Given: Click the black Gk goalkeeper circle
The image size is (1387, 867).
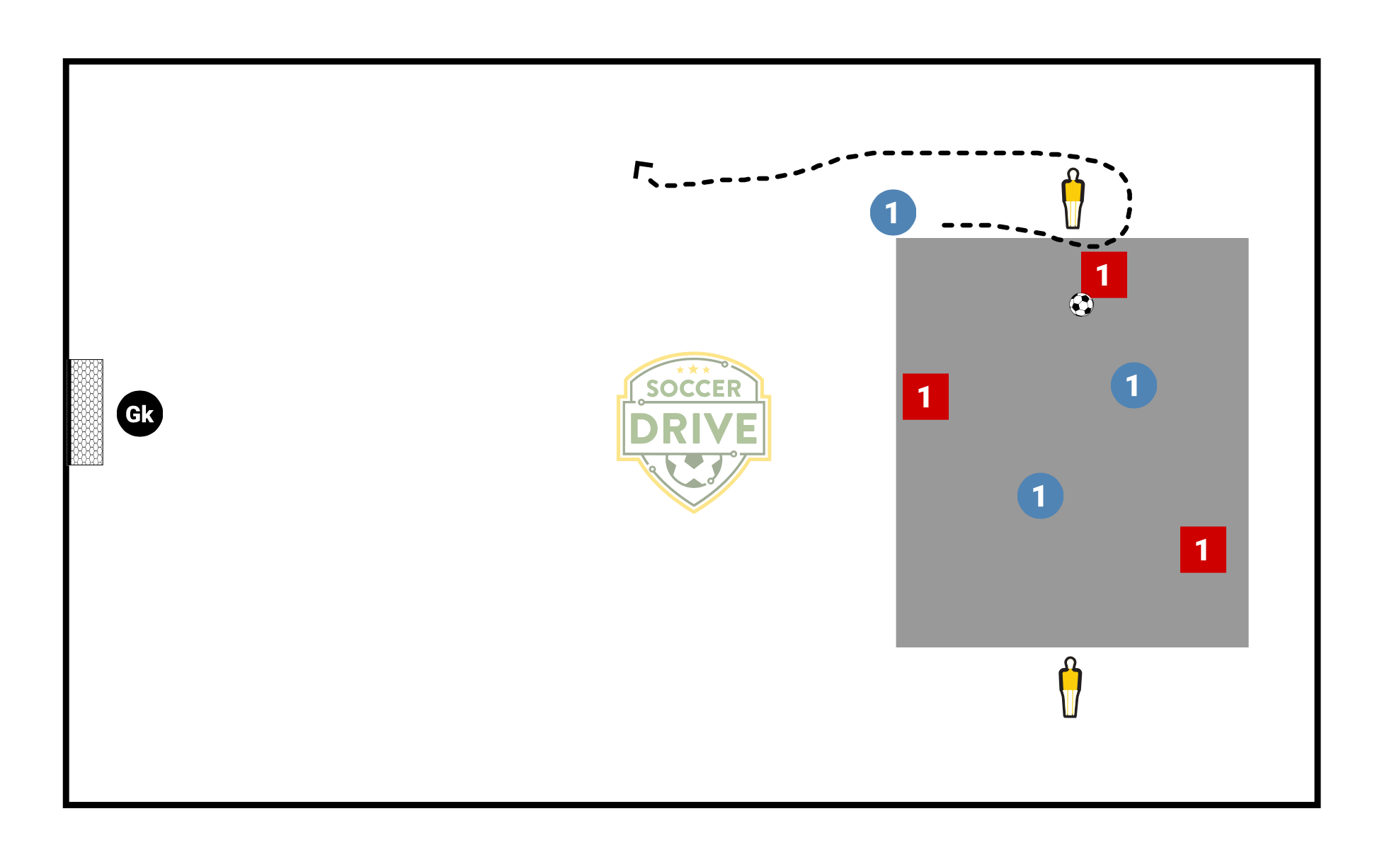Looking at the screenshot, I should click(140, 414).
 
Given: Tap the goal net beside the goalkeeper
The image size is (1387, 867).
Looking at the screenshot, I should click(86, 412).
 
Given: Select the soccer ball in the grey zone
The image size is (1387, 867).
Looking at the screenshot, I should click(1081, 305).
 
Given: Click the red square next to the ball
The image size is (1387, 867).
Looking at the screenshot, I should click(1104, 275).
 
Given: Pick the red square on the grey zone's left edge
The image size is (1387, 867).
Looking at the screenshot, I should click(925, 397).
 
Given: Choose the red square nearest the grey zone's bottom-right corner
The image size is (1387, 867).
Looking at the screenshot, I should click(1203, 550).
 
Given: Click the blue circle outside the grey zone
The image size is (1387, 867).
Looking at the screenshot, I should click(893, 212).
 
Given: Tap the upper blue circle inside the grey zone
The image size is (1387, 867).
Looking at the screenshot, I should click(1134, 385).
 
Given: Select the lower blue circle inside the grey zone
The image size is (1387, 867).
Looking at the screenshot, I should click(1040, 496).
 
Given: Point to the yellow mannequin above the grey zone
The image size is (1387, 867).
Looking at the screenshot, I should click(1073, 200).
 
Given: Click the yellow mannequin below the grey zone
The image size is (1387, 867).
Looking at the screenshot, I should click(1071, 688).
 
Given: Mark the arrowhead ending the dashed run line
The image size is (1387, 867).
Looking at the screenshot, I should click(641, 169).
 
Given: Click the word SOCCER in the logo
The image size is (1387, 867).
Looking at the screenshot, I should click(694, 388).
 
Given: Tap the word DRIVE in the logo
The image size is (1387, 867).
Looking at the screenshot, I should click(694, 429).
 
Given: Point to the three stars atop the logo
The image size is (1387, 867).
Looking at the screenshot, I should click(693, 370).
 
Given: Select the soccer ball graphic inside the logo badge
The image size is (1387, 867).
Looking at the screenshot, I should click(694, 469).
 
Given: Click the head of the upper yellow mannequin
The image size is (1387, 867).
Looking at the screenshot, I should click(1073, 175).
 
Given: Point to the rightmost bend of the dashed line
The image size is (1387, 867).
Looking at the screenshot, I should click(1129, 198).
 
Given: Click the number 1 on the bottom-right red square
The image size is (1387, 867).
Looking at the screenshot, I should click(1202, 550).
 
